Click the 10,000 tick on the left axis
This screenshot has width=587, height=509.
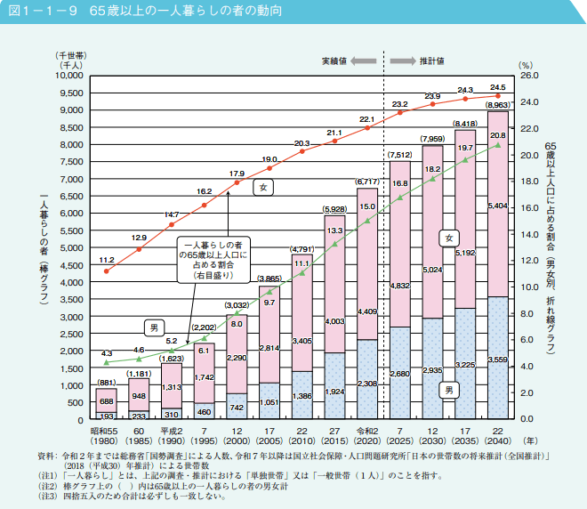tap(68, 77)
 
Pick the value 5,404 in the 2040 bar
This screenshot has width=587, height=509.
tap(498, 206)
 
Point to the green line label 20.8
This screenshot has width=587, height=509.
tap(498, 135)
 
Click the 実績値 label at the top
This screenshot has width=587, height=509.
tap(334, 61)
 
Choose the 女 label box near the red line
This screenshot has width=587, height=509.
tap(264, 187)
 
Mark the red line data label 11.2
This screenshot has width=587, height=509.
tap(107, 259)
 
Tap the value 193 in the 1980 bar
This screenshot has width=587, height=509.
tap(107, 416)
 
